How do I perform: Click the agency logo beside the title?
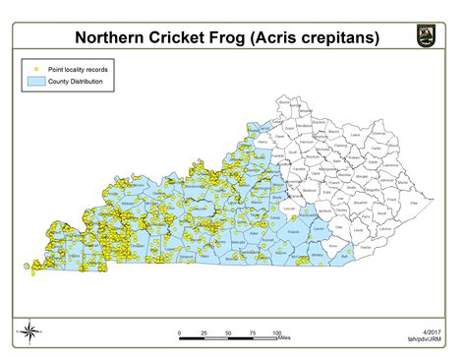tap(425, 37)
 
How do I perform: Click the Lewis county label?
tap(356, 134)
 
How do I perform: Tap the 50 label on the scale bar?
tap(228, 332)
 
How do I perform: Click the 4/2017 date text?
tap(430, 332)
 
